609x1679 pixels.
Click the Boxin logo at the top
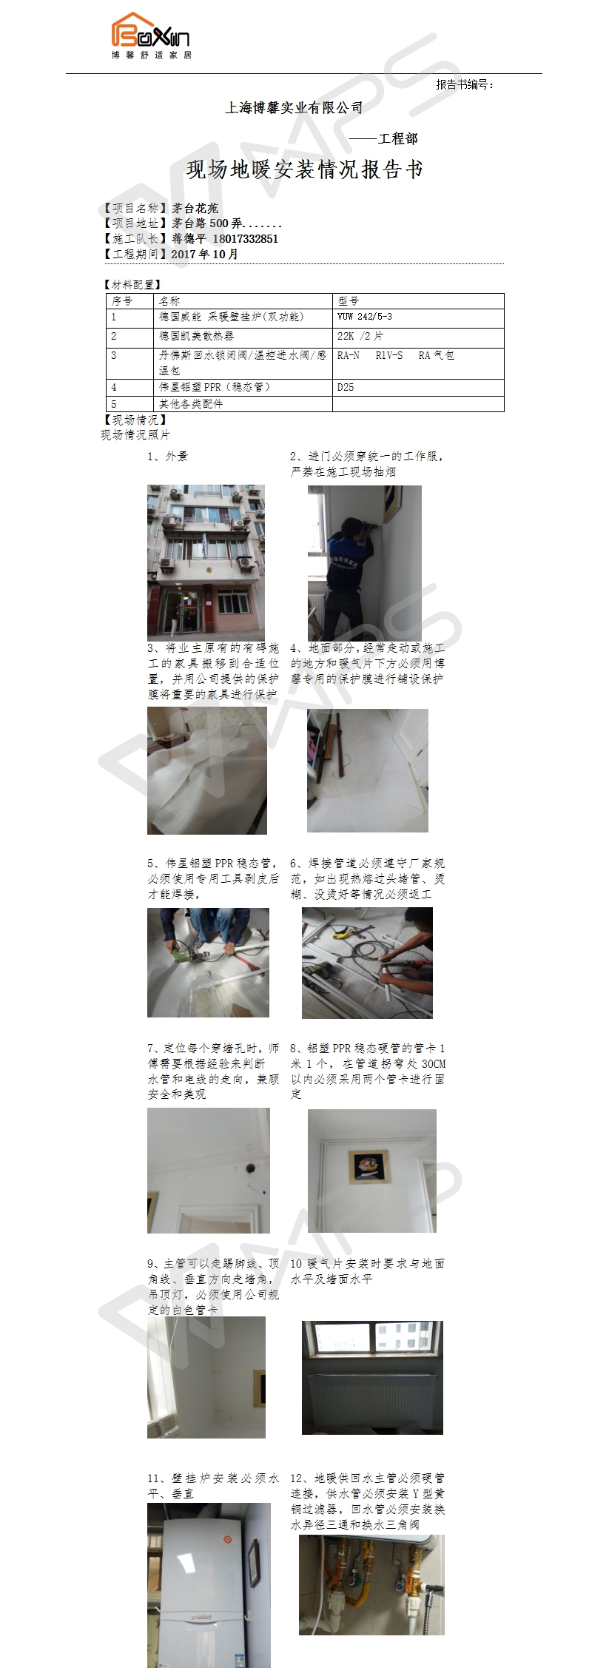(151, 36)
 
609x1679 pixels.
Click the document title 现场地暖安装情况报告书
(304, 169)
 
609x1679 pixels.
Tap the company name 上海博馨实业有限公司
(294, 108)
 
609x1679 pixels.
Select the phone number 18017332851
(246, 239)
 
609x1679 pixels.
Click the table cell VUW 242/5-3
(365, 317)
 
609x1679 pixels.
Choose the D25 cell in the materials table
(346, 387)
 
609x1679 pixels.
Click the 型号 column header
(348, 301)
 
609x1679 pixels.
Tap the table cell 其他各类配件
(191, 404)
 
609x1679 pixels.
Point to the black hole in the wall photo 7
(249, 1168)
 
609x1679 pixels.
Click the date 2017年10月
(205, 254)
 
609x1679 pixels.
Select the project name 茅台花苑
(195, 209)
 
